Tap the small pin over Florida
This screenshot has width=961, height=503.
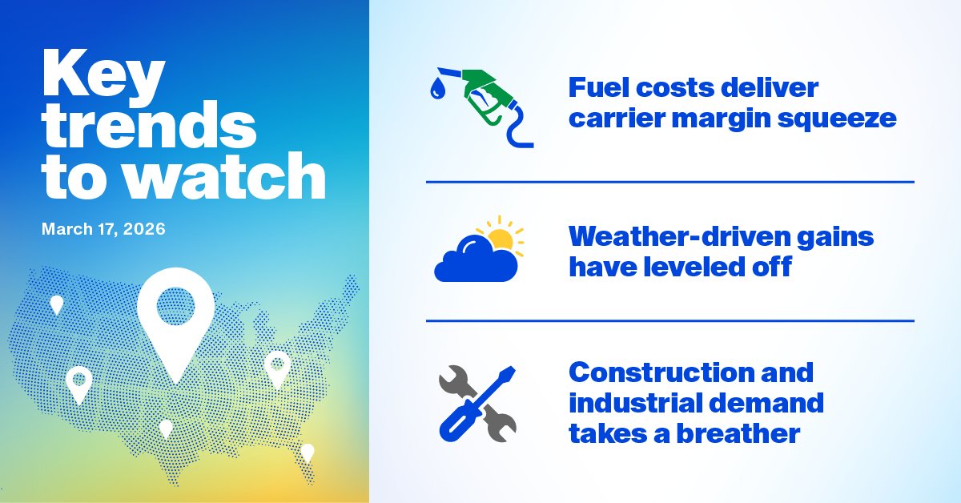pos(308,452)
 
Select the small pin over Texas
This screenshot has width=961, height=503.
pos(166,428)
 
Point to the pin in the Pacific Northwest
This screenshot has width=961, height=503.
pos(56,304)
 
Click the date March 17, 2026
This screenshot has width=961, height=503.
pos(104,229)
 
